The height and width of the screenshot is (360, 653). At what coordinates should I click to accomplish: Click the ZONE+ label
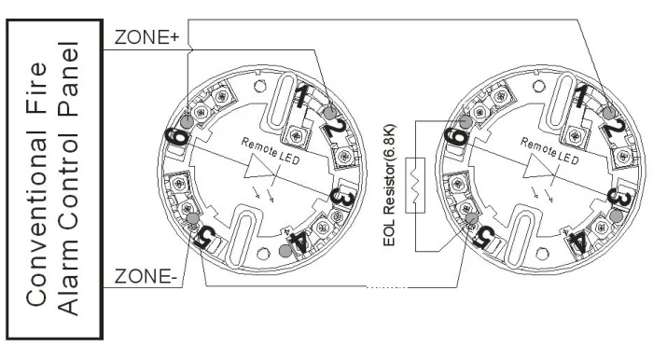pos(146,37)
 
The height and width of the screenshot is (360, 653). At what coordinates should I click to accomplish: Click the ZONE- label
pos(146,276)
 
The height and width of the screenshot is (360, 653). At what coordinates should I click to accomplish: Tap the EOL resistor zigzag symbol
pos(415,186)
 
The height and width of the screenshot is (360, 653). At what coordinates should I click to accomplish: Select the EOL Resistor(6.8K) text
pos(389,186)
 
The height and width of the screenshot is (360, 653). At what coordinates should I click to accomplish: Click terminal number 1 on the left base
pos(303,96)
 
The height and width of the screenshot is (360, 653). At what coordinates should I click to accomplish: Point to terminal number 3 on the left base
pos(342,199)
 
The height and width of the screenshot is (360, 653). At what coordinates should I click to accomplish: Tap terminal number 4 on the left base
pos(298,243)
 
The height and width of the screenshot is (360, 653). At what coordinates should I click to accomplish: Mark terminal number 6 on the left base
pos(177,137)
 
